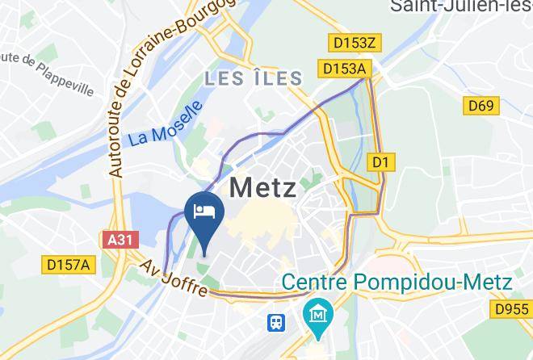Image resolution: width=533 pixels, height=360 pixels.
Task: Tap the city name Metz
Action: pos(262,187)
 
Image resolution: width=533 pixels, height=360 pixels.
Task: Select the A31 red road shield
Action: pos(122,240)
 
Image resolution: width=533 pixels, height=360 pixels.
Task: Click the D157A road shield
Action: pos(69,263)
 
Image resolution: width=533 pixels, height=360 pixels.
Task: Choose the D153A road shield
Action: pos(343,69)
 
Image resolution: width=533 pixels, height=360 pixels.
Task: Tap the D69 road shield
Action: pos(483,105)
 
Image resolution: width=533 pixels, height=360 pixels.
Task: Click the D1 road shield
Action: pos(380,162)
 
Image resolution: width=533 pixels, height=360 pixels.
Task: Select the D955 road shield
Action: pos(512,308)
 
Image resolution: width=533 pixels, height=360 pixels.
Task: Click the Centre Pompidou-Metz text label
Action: pos(397,283)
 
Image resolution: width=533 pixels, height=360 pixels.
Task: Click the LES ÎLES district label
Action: pos(253,78)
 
